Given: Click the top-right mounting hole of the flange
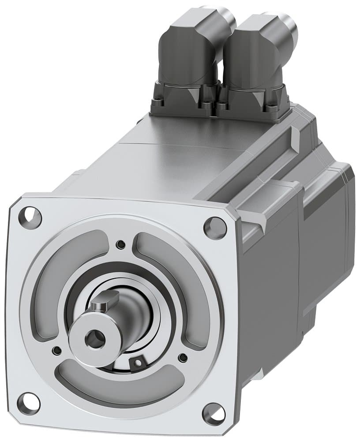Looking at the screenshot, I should pyautogui.click(x=215, y=228).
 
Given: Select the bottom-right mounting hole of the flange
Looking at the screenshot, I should pyautogui.click(x=214, y=414).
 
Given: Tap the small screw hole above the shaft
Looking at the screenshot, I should pyautogui.click(x=120, y=244).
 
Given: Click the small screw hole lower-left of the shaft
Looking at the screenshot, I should pyautogui.click(x=56, y=351).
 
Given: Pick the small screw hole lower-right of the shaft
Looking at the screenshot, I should pyautogui.click(x=182, y=357).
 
